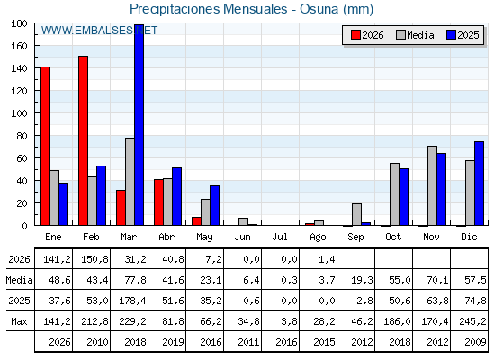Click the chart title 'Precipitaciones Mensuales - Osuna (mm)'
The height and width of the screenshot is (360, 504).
coord(251,9)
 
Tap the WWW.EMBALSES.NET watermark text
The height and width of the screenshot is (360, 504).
coord(99,31)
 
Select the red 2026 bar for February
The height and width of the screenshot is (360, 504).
coord(83,140)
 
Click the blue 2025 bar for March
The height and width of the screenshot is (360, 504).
coord(139,125)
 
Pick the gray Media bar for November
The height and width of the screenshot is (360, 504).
coord(432,185)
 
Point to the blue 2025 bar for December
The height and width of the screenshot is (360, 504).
coord(479,184)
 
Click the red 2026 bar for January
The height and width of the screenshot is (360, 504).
coord(45,146)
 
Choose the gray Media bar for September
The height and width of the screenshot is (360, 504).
coord(356,214)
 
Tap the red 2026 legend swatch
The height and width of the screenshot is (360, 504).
coord(355,35)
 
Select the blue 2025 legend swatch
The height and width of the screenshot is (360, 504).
coord(451,35)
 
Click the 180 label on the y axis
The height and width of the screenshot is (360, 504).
coord(19,23)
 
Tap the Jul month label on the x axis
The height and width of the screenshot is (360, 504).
coord(280,237)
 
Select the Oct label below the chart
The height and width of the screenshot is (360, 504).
coord(393,237)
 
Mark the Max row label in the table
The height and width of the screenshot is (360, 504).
coord(19,321)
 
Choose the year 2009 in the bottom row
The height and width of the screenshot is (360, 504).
coord(475,342)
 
